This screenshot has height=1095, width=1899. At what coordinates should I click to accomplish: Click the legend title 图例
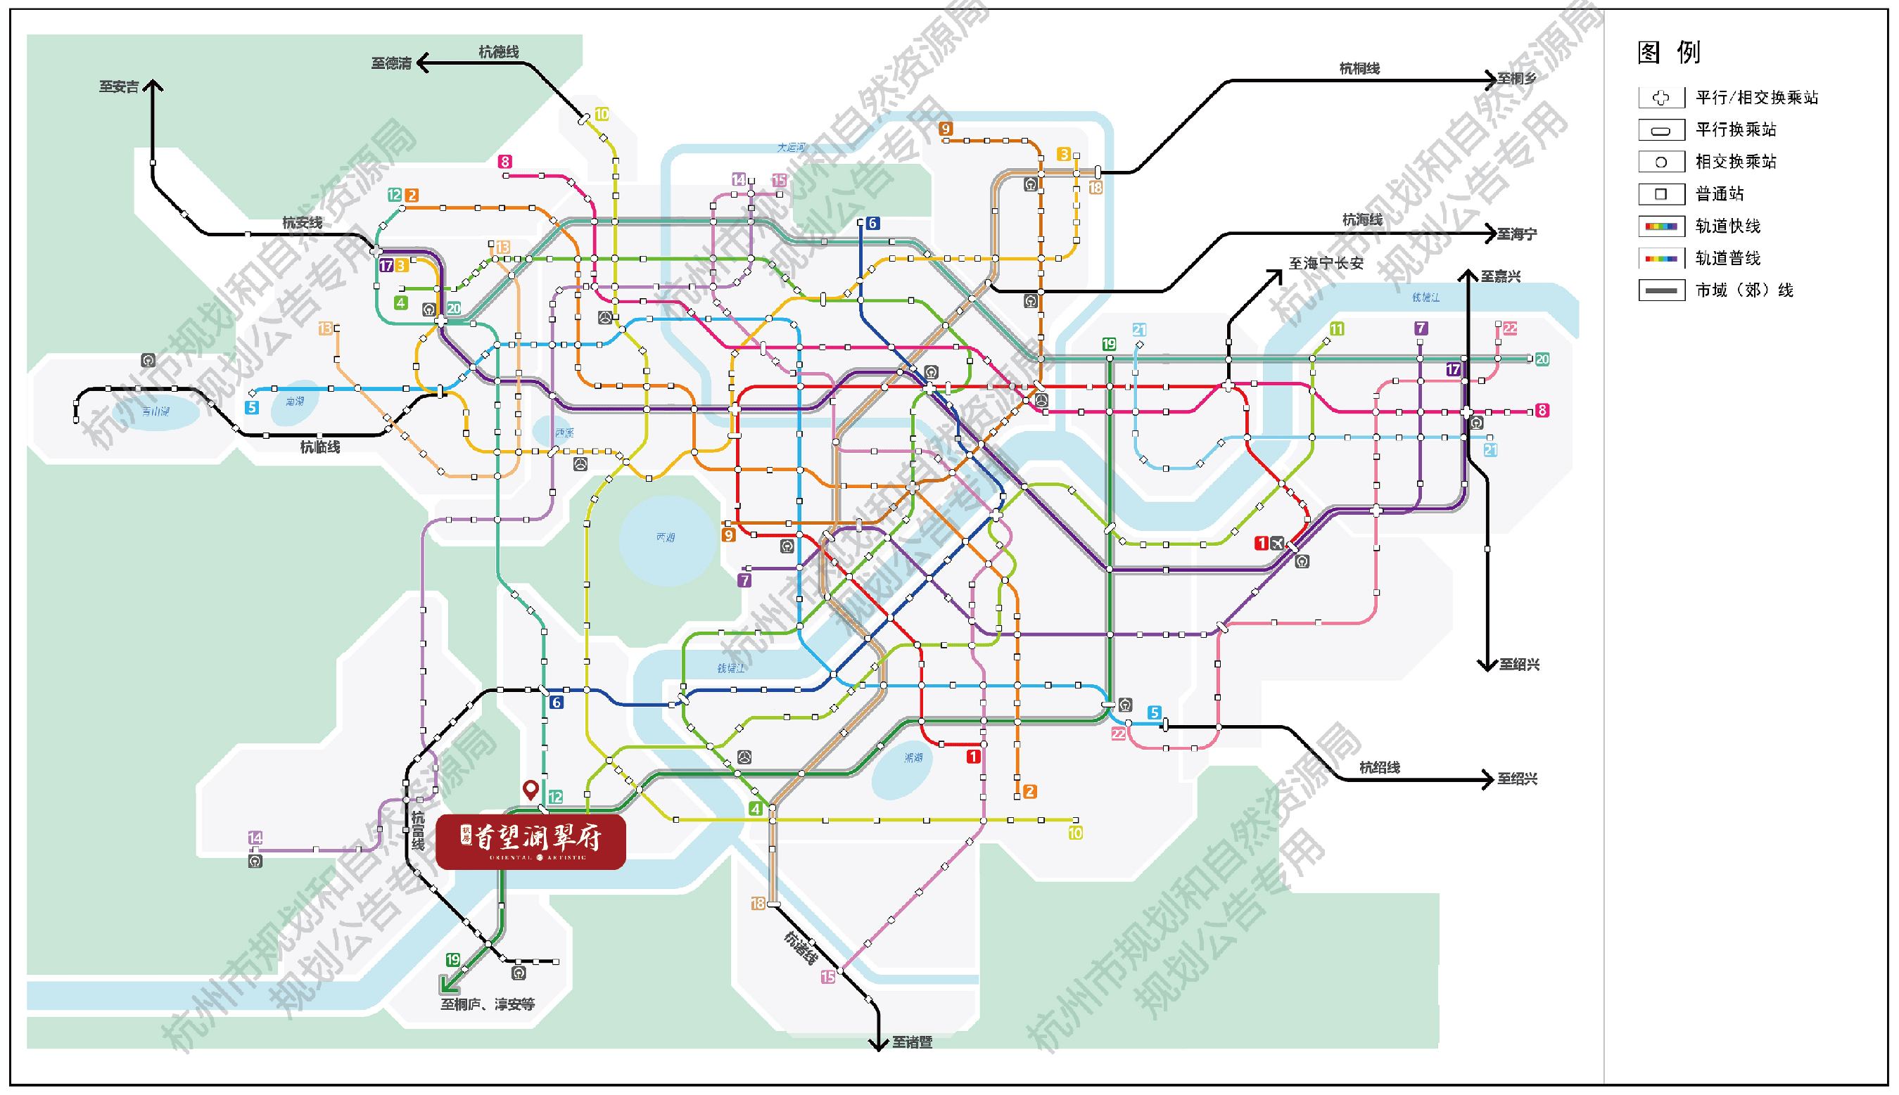click(1668, 53)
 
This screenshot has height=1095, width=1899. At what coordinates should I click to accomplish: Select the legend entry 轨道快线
click(1727, 226)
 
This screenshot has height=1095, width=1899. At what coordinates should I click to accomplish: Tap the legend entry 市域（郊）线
click(1744, 290)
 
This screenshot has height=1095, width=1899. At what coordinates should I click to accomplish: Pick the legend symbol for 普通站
click(1660, 194)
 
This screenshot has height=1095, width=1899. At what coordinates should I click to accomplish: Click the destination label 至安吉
click(119, 87)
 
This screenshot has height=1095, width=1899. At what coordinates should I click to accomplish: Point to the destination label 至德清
click(391, 64)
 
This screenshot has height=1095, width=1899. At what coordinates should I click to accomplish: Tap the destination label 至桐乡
click(1517, 79)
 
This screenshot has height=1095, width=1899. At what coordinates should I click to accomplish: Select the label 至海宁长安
click(1326, 263)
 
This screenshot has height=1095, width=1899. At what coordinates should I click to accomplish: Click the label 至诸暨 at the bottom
click(912, 1042)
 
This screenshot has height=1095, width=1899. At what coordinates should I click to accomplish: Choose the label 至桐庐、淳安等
click(488, 1005)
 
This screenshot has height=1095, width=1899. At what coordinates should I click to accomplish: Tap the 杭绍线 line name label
click(1379, 768)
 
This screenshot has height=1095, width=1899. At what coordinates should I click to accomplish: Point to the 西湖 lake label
click(665, 537)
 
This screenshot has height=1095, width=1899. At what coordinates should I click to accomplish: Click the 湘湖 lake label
click(913, 758)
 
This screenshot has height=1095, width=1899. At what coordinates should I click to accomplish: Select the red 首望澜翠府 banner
click(531, 842)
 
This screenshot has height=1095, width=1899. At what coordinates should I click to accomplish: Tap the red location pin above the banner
click(531, 789)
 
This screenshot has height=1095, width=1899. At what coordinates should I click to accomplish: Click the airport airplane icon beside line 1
click(1278, 543)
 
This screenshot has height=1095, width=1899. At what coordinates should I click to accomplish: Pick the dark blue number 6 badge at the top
click(872, 224)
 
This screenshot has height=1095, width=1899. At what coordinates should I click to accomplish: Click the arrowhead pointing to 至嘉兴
click(1468, 274)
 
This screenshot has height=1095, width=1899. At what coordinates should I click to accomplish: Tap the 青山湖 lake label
click(155, 411)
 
